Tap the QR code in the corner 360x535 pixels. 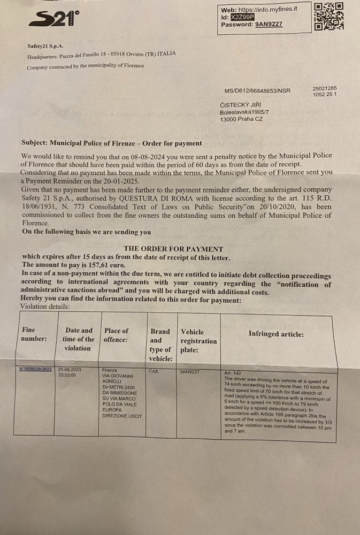click(328, 16)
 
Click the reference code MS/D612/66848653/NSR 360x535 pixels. click(257, 91)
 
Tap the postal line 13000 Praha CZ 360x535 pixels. click(241, 119)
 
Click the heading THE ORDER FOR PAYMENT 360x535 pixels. click(173, 249)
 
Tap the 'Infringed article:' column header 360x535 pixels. click(276, 334)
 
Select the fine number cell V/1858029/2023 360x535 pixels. click(35, 369)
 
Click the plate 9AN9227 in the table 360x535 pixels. click(190, 370)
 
